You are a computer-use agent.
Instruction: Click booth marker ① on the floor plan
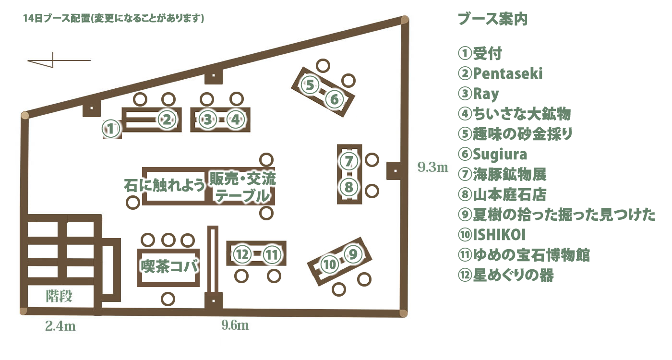point(111,129)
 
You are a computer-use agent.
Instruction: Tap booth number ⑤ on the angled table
point(310,85)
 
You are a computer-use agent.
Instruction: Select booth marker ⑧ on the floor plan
point(348,187)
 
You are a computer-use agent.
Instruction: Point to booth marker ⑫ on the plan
point(242,255)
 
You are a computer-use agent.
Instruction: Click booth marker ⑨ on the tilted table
point(353,254)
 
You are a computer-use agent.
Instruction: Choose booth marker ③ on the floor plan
point(207,120)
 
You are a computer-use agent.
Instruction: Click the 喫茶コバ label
point(170,266)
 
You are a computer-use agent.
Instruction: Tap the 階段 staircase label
point(59,296)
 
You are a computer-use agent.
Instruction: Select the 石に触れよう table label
point(164,185)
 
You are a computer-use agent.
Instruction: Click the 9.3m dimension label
point(432,167)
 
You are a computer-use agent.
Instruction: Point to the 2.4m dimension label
point(60,326)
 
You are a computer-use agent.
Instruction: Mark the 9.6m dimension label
point(235,325)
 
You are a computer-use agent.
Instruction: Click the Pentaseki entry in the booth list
point(500,73)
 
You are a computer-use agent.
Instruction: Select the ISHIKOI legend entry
point(492,235)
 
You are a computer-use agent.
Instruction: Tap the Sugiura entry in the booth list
point(492,154)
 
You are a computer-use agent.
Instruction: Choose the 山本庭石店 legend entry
point(502,194)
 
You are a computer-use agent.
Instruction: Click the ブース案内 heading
point(492,19)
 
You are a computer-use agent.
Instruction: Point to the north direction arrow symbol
point(59,60)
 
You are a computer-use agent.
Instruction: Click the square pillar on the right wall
point(396,171)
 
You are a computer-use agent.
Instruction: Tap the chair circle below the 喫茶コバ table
point(168,299)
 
